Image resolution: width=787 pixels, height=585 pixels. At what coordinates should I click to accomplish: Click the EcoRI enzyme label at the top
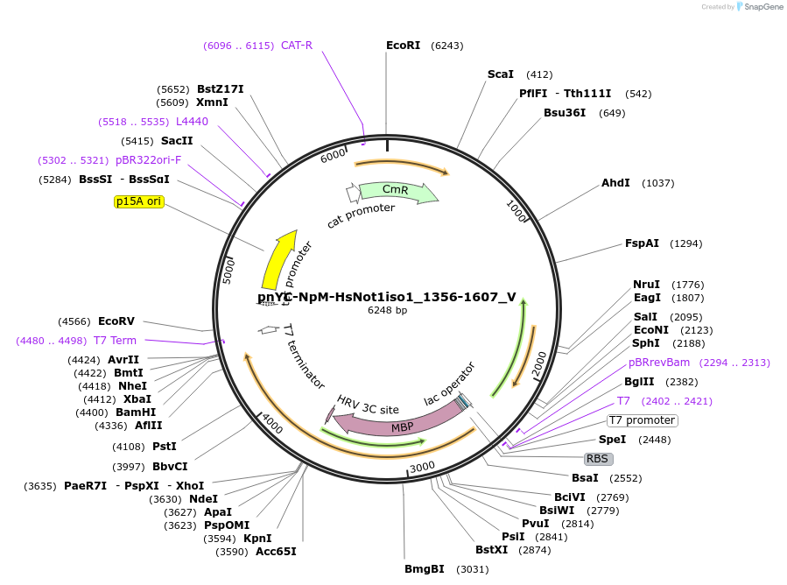click(404, 46)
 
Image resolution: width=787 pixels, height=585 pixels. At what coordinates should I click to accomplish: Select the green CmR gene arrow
click(396, 191)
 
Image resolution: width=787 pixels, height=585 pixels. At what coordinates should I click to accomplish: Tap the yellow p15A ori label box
click(138, 201)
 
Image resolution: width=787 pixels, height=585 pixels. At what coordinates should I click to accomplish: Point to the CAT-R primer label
click(297, 46)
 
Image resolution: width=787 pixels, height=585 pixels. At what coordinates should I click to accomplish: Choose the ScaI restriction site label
click(501, 74)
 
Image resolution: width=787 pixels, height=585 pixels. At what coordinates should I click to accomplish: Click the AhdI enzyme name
click(615, 183)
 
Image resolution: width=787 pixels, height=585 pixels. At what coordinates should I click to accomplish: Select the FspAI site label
click(642, 243)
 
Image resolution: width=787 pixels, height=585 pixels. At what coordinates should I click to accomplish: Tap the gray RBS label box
click(599, 458)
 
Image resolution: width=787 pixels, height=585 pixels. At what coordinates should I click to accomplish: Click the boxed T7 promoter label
click(643, 420)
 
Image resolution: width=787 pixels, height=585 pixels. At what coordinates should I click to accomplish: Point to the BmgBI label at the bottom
click(425, 569)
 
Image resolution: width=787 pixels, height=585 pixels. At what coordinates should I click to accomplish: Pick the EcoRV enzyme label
click(116, 321)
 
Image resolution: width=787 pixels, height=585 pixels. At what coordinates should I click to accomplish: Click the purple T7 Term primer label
click(116, 341)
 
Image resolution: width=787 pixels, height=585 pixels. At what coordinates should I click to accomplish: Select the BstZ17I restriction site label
click(221, 89)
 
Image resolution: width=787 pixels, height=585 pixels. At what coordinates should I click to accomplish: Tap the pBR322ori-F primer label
click(149, 160)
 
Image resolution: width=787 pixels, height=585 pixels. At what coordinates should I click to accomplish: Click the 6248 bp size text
click(387, 310)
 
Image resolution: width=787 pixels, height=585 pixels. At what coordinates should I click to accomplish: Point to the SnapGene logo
click(759, 7)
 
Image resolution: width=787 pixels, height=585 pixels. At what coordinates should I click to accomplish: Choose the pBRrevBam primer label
click(659, 363)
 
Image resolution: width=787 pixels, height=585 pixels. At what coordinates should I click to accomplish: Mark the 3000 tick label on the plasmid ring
click(423, 467)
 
